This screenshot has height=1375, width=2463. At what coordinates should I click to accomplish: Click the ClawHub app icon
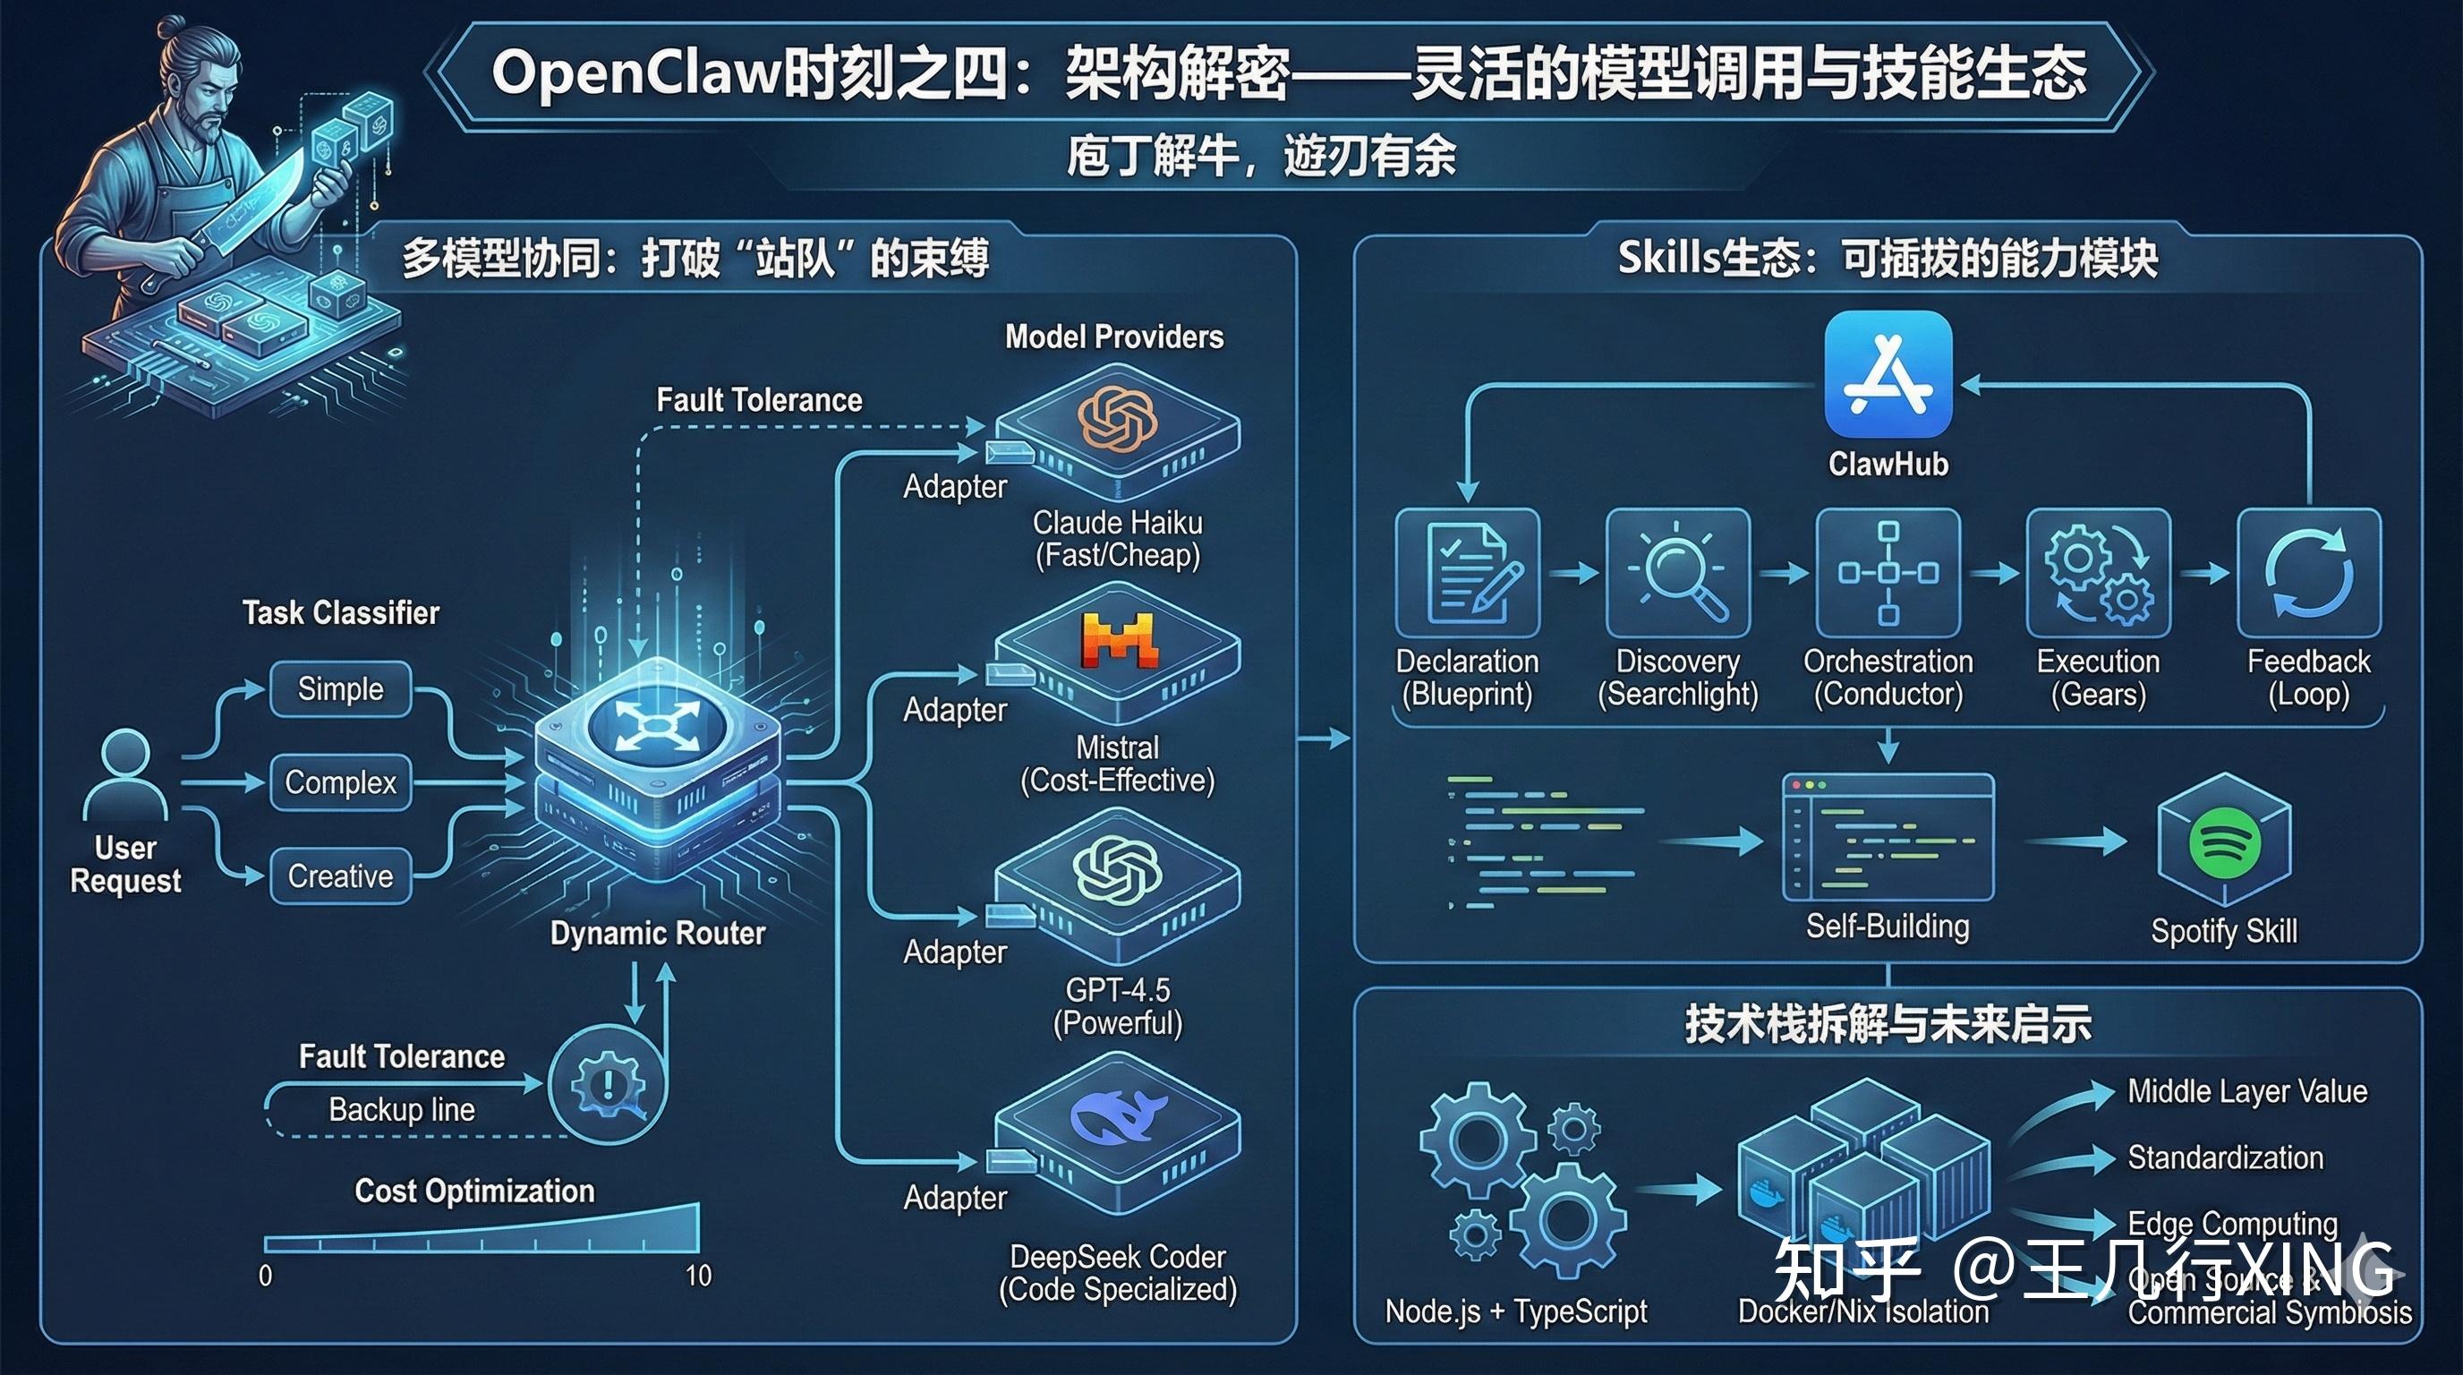[1888, 374]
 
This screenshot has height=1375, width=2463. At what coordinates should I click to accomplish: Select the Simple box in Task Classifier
[340, 688]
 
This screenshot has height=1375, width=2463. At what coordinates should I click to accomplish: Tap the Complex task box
[340, 782]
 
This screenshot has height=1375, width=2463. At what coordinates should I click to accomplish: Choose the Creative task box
[340, 875]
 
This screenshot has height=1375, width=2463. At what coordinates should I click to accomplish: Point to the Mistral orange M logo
[1119, 640]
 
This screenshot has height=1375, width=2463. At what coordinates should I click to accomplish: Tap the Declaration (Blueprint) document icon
[1467, 573]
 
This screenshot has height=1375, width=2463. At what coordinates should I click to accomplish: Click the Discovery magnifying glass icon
[1678, 573]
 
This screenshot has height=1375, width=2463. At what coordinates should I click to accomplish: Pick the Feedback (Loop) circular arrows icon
[2308, 573]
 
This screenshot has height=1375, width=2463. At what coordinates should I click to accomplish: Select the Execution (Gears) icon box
[2099, 573]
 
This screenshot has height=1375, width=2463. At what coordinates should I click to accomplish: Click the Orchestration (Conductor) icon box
[1888, 573]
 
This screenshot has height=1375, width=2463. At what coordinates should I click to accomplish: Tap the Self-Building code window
[1888, 838]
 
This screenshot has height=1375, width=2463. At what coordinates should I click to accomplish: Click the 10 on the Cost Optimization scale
[699, 1276]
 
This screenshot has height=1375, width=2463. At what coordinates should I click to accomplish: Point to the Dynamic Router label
[658, 934]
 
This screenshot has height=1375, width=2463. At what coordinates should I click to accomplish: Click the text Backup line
[402, 1109]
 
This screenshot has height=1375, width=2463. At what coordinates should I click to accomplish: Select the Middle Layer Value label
[2247, 1091]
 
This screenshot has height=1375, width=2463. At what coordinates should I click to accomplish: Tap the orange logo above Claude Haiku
[1117, 418]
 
